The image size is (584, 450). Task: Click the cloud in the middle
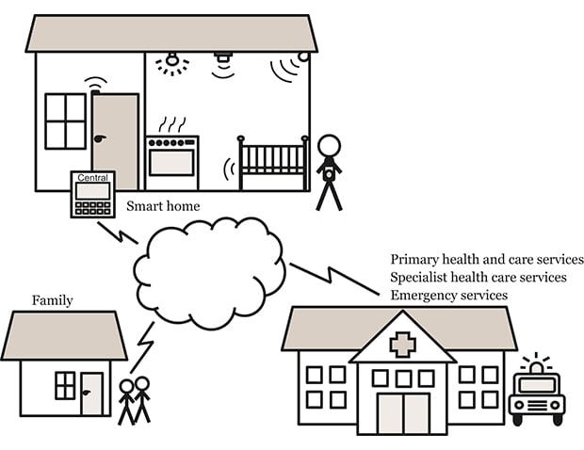(209, 271)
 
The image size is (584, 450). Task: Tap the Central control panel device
(92, 194)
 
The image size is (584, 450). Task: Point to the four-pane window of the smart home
(65, 121)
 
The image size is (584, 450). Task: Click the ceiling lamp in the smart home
(171, 62)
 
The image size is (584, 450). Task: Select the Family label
(53, 301)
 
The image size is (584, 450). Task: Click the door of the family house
(91, 394)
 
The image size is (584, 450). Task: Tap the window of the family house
(65, 385)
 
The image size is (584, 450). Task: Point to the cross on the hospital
(402, 345)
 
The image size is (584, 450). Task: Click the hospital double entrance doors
(402, 412)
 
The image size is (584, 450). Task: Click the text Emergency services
(449, 296)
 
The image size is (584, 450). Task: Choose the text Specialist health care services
(478, 278)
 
